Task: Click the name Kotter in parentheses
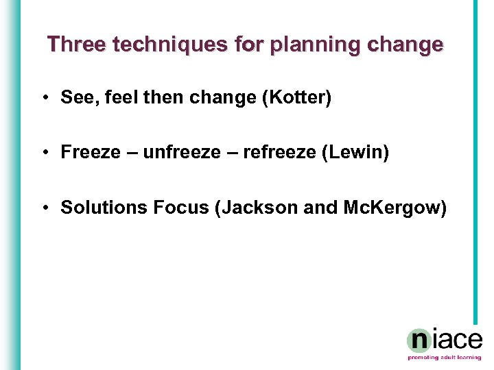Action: (301, 98)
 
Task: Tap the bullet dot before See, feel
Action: (44, 99)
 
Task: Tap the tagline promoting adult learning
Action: (445, 358)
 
